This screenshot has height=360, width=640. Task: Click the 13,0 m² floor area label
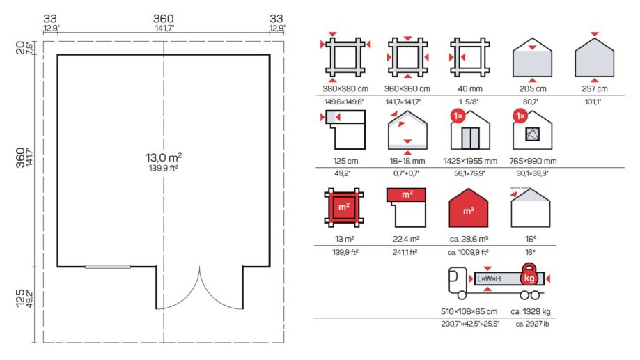click(163, 157)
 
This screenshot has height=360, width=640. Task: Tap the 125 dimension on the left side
click(20, 298)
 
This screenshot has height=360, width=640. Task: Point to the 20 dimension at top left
click(20, 48)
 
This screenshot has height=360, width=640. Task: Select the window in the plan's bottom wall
click(108, 267)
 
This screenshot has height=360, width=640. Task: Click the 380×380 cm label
click(345, 88)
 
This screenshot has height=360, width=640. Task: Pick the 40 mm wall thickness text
click(470, 88)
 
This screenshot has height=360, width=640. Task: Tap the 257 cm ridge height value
click(594, 88)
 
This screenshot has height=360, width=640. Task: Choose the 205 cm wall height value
click(533, 88)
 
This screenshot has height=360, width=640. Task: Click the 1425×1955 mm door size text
click(470, 162)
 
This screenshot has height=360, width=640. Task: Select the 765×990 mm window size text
click(533, 162)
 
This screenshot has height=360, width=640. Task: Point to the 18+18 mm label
click(407, 162)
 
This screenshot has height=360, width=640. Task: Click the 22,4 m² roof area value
click(406, 239)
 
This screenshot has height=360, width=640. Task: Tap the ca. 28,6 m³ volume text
click(469, 239)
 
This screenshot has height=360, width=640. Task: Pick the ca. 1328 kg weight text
click(530, 311)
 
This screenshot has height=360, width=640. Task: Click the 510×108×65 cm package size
click(469, 311)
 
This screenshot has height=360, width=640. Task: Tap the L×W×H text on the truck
click(489, 279)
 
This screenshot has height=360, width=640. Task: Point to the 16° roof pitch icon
click(530, 208)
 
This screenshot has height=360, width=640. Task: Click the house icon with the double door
click(470, 130)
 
